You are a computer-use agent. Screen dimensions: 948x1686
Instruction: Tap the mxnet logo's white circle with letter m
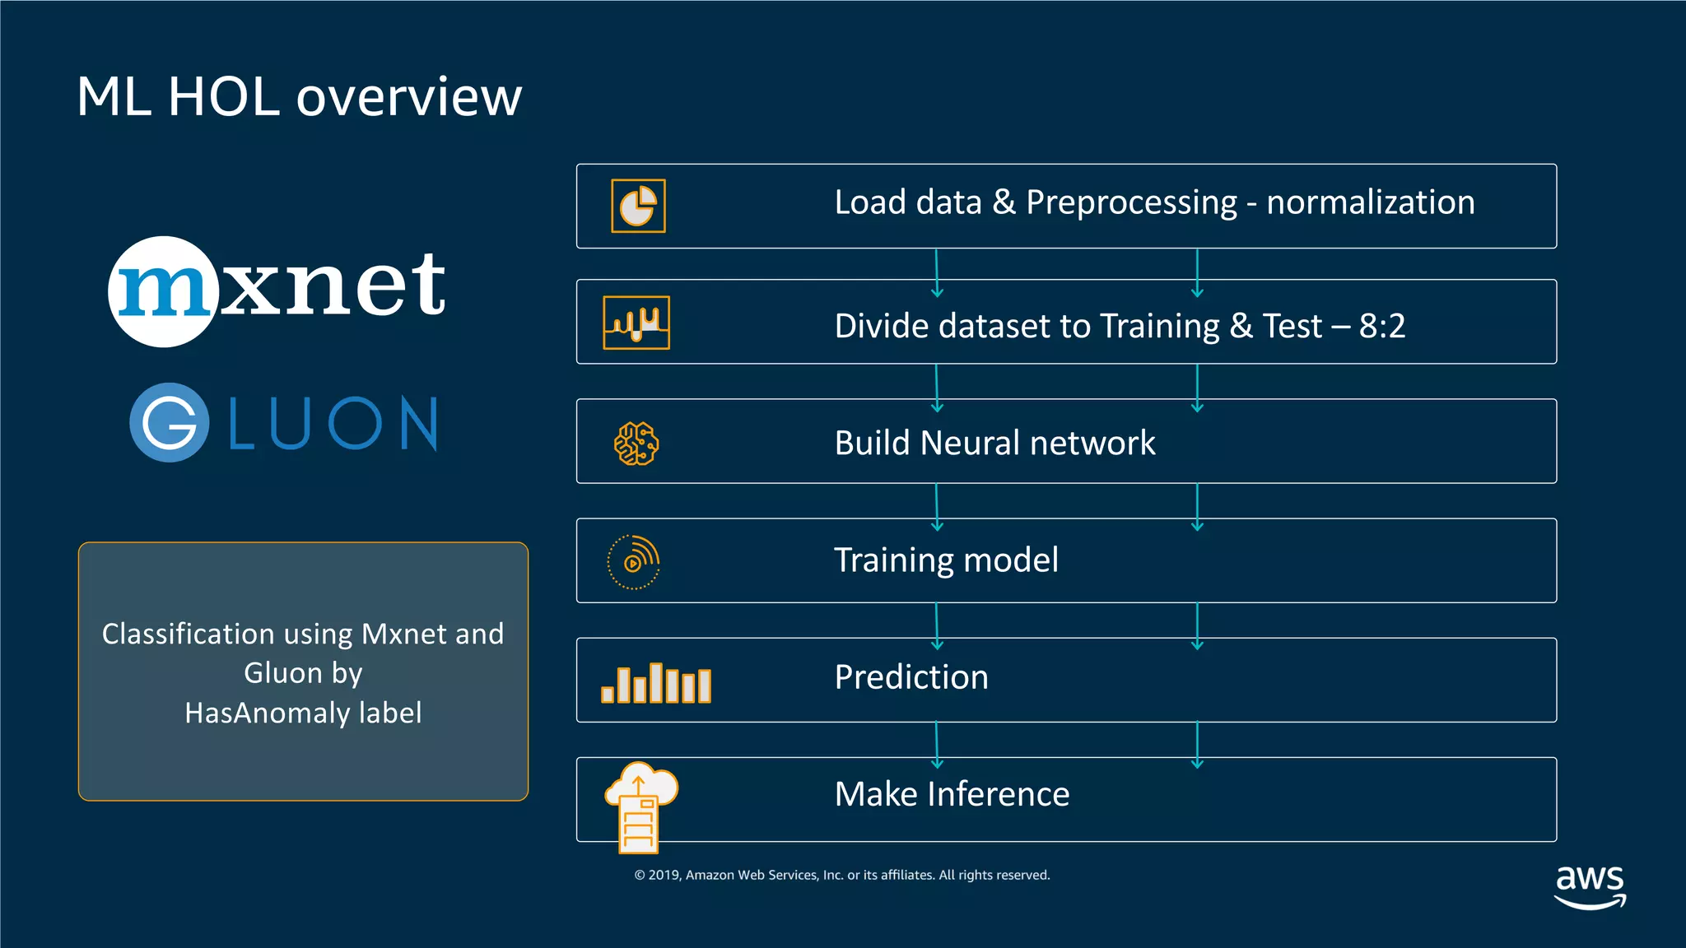point(163,291)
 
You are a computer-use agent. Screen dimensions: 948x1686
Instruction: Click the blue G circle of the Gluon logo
point(169,422)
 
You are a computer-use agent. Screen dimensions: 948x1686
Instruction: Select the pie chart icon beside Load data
point(638,206)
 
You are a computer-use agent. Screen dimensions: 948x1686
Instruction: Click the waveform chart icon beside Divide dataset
point(636,323)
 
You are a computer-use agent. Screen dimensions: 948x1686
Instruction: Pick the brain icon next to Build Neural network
point(636,444)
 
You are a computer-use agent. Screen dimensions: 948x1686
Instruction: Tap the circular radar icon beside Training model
point(633,562)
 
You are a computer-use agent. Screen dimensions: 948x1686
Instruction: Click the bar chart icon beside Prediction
point(656,683)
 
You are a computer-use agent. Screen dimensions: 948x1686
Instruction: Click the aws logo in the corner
point(1590,885)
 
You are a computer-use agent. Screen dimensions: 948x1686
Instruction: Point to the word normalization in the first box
point(1370,202)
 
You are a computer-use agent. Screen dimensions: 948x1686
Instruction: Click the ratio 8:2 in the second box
point(1381,326)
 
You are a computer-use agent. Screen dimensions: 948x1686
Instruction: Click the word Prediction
point(911,677)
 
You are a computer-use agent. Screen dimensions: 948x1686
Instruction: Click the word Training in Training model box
point(893,560)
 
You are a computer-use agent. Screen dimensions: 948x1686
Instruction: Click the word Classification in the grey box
point(188,634)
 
